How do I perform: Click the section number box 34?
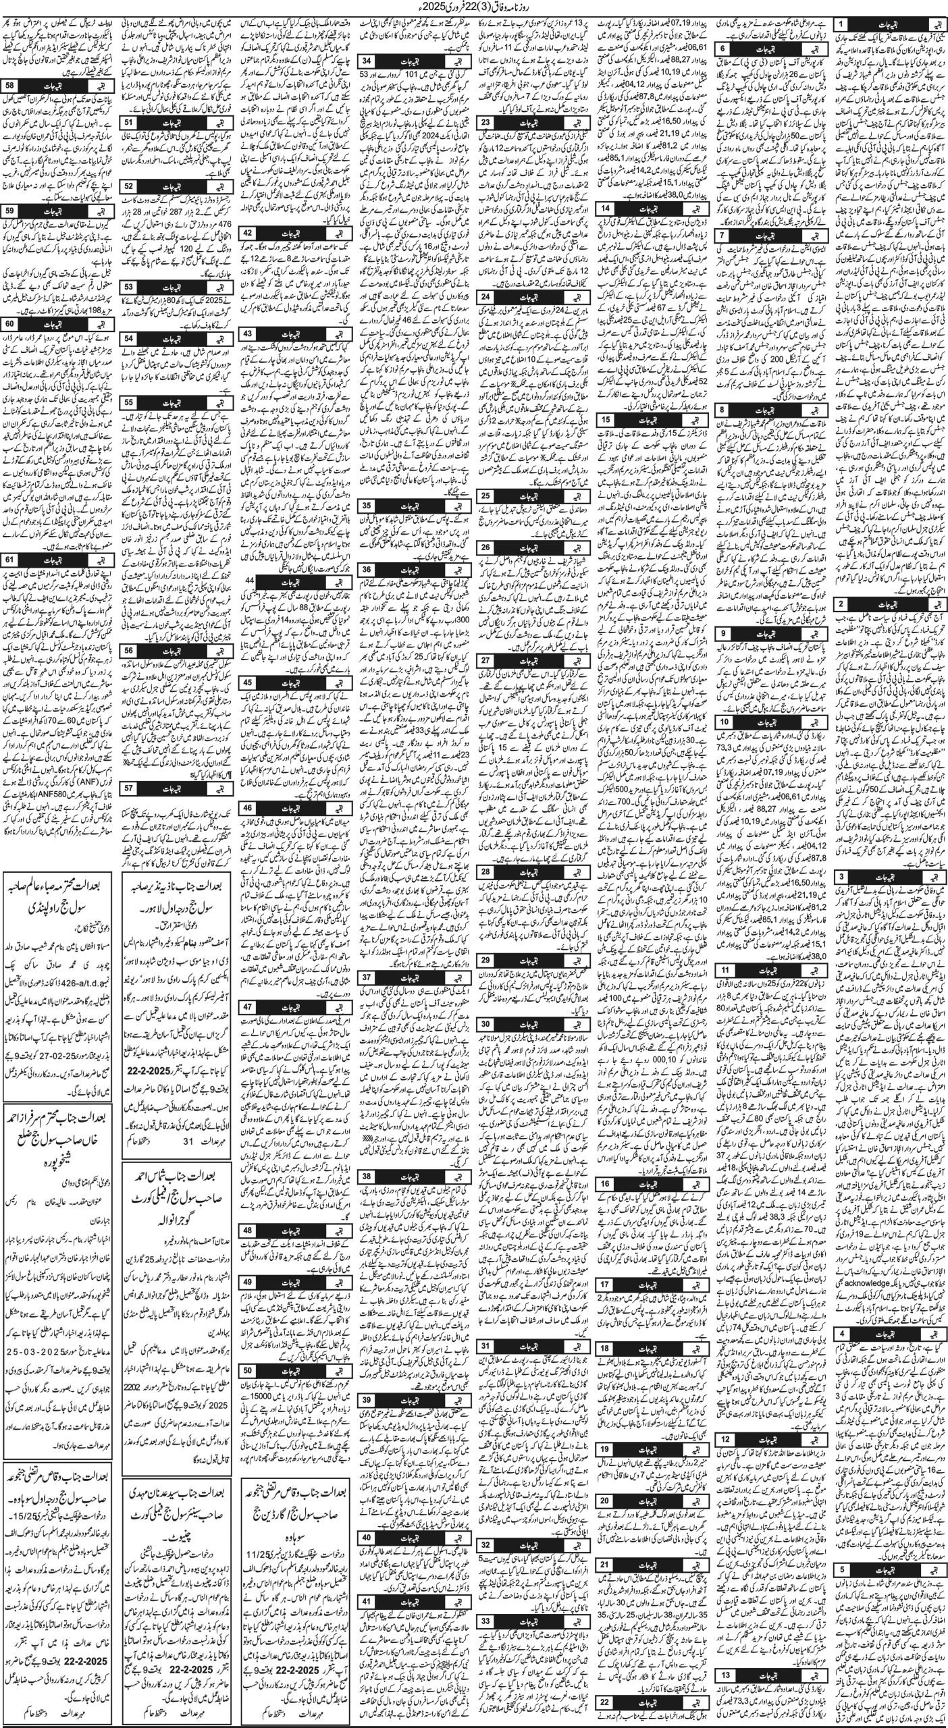point(369,62)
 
